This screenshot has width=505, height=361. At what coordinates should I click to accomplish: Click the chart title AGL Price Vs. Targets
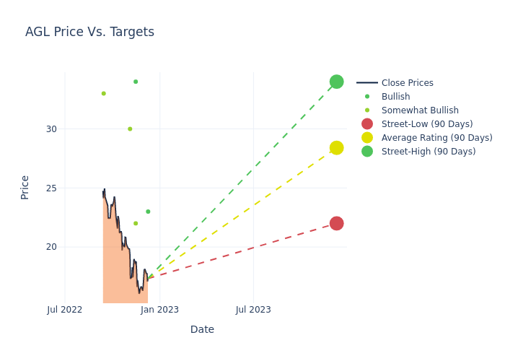click(89, 32)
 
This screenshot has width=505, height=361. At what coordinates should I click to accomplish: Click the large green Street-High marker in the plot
click(336, 82)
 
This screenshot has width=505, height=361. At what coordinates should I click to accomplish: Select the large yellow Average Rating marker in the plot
click(336, 148)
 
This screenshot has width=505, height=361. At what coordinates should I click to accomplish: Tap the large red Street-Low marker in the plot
click(336, 223)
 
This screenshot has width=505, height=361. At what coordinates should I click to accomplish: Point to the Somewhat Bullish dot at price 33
click(103, 93)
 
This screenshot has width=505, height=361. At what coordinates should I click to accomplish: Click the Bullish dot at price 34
click(136, 82)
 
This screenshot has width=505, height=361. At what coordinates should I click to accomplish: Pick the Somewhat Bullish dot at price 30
click(130, 129)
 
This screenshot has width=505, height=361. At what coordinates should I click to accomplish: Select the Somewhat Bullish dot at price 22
click(136, 223)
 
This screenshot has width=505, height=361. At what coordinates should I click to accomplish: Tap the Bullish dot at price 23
click(148, 212)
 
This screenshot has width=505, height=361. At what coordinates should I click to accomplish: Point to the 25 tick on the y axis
click(51, 188)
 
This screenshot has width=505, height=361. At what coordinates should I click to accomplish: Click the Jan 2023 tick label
click(159, 310)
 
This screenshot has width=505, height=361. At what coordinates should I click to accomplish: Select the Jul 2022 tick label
click(65, 310)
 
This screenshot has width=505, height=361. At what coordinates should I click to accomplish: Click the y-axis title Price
click(25, 187)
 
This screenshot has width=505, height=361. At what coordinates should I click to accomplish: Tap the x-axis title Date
click(202, 329)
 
